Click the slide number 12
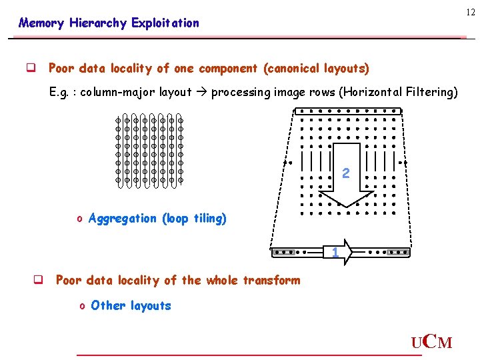coord(471,12)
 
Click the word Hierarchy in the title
coord(99,23)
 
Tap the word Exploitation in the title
coord(165,23)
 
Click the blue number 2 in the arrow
coord(345,173)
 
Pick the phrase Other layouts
coord(131,306)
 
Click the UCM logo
coord(431,342)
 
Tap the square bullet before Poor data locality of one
coord(30,69)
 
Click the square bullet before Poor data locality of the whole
coord(38,281)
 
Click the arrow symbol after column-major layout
coord(201,93)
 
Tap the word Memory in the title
coord(41,23)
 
